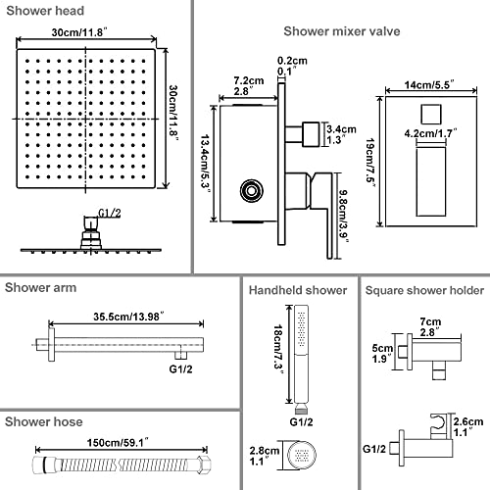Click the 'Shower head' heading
coord(45,11)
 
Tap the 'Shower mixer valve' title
coord(342,31)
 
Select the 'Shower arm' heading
coord(40,288)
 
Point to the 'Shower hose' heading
coord(43,421)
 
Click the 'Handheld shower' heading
coord(298,290)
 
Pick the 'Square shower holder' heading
coord(424,290)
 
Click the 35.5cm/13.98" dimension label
coord(128,317)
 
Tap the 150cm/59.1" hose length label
coord(118,443)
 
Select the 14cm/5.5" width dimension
coord(429,84)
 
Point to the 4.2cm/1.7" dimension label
coord(430,133)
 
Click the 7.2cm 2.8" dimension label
coord(249,85)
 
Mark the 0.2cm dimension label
coord(292,61)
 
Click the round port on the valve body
coord(251,190)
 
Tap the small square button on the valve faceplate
coord(431,115)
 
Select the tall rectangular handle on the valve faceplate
coord(431,181)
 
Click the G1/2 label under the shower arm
coord(180,369)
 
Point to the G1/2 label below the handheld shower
coord(301,421)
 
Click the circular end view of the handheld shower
coord(302,455)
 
